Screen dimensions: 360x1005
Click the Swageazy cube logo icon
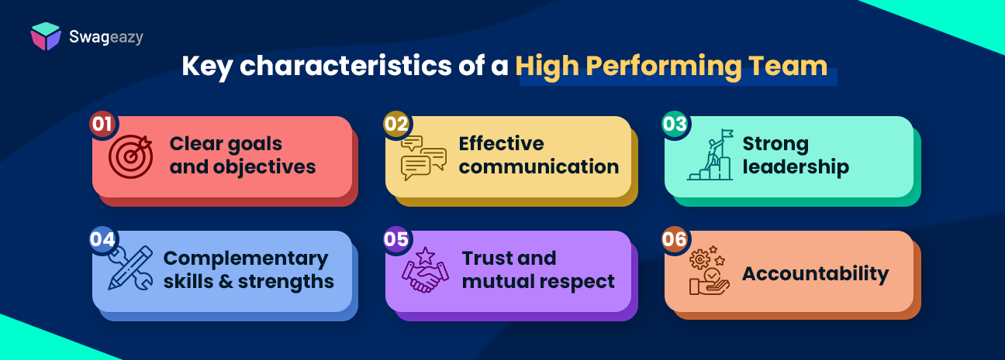[x=46, y=36]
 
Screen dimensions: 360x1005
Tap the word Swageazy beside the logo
[x=103, y=36]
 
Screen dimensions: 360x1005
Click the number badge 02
[x=396, y=124]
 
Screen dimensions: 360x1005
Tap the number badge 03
[x=675, y=124]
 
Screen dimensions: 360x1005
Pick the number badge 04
[x=102, y=239]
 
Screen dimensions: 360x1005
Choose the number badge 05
[x=396, y=239]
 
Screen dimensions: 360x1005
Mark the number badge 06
[x=675, y=239]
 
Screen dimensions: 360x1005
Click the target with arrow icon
[x=128, y=156]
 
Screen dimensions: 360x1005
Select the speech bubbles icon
[x=423, y=158]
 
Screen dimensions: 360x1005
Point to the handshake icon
[x=424, y=270]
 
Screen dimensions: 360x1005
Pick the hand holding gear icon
[x=709, y=272]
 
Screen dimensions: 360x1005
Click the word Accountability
[x=816, y=274]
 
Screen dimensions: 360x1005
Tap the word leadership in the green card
[x=796, y=166]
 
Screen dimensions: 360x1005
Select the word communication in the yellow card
[x=539, y=166]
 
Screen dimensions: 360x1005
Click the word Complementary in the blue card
[x=246, y=259]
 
